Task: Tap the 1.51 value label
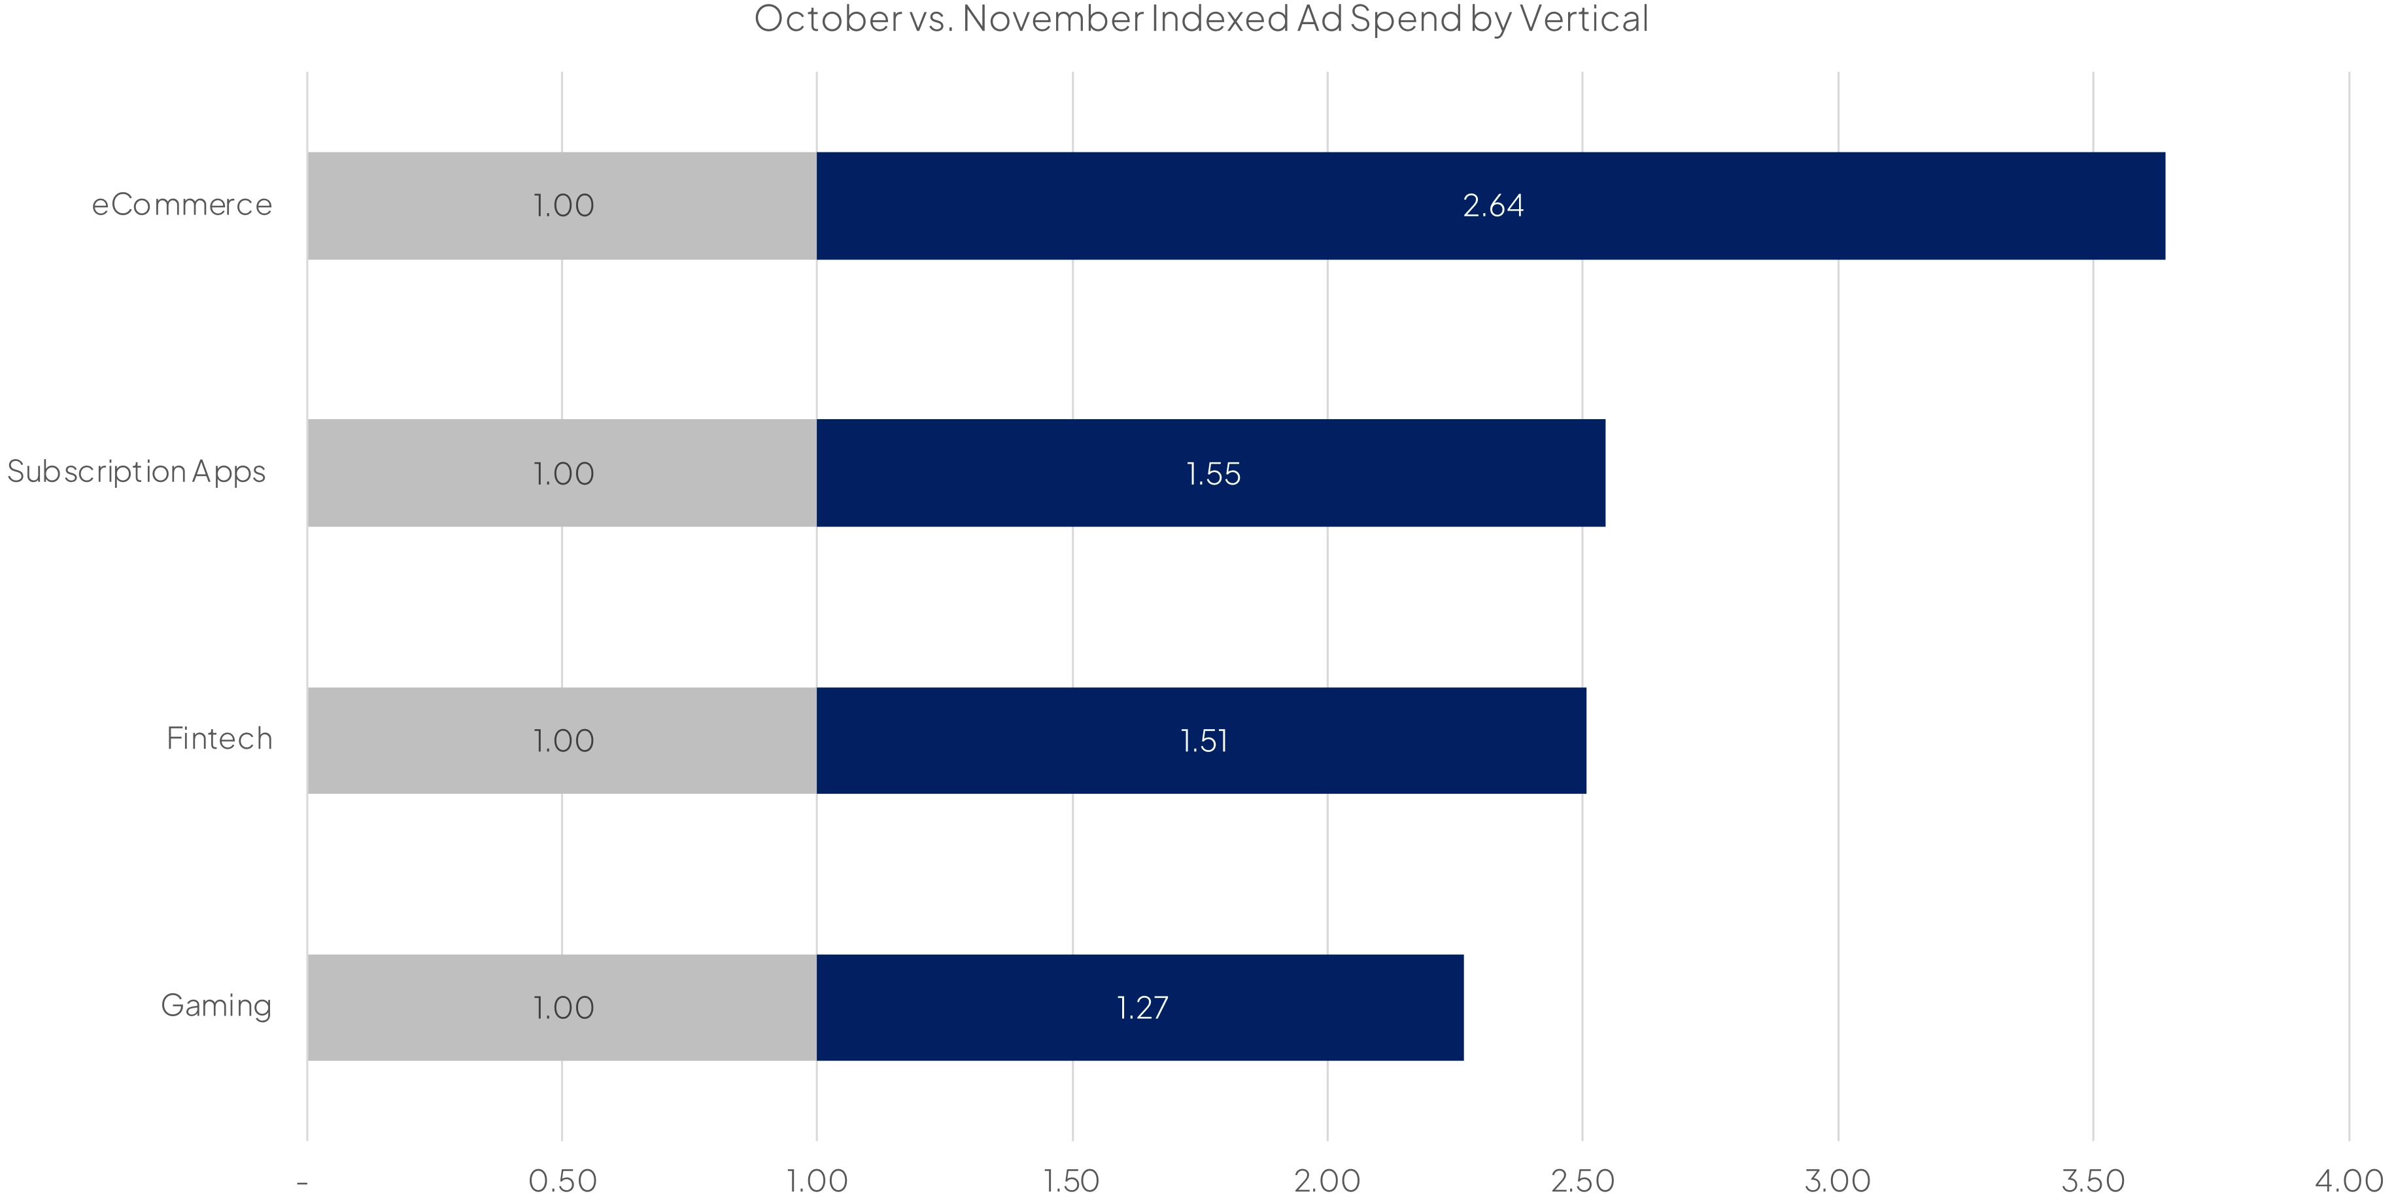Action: tap(1203, 741)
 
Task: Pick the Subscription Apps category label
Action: tap(137, 472)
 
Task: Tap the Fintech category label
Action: tap(219, 739)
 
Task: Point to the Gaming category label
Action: tap(216, 1006)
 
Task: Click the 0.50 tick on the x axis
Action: tap(562, 1180)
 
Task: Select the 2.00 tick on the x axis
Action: tap(1327, 1180)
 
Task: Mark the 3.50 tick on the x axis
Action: tap(2093, 1180)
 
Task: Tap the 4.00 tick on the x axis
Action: tap(2348, 1180)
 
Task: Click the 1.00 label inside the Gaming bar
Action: tap(563, 1008)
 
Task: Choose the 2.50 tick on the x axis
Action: tap(1582, 1180)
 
